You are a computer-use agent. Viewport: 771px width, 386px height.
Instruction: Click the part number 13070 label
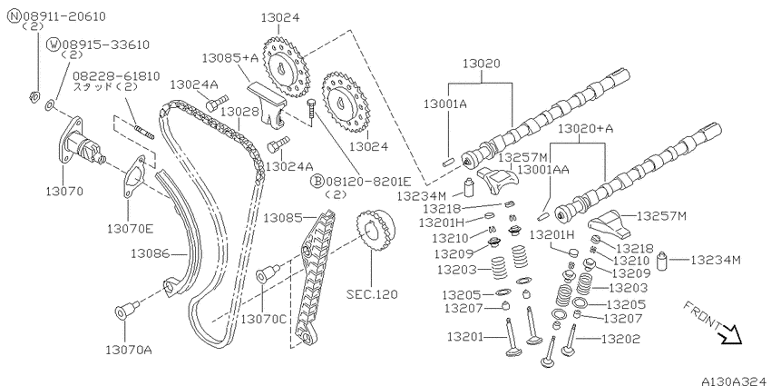[x=64, y=191]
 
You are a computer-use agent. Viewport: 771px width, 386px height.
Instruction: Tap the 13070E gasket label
[x=131, y=229]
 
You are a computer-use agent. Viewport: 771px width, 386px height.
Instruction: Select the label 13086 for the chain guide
[x=150, y=254]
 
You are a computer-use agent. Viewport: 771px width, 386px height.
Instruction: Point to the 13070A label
[x=129, y=350]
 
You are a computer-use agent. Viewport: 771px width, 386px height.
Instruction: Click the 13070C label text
[x=263, y=320]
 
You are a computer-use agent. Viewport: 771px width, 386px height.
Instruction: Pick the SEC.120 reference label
[x=372, y=294]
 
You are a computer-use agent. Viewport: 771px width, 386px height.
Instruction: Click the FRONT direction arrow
[x=729, y=336]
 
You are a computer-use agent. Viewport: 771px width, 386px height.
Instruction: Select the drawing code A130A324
[x=736, y=381]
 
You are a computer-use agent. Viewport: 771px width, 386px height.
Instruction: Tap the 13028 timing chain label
[x=239, y=112]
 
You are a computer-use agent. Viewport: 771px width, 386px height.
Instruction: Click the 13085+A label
[x=230, y=58]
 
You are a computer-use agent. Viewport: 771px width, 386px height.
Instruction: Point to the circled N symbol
[x=14, y=16]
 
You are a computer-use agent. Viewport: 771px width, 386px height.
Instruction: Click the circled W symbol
[x=53, y=45]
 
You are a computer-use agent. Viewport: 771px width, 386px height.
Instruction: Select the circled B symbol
[x=317, y=181]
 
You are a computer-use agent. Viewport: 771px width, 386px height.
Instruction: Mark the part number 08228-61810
[x=116, y=76]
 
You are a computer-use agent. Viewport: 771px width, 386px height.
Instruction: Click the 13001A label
[x=445, y=104]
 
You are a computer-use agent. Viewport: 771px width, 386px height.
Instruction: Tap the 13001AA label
[x=543, y=170]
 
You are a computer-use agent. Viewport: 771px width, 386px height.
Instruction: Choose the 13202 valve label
[x=621, y=339]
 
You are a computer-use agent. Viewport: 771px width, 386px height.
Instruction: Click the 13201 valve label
[x=466, y=337]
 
